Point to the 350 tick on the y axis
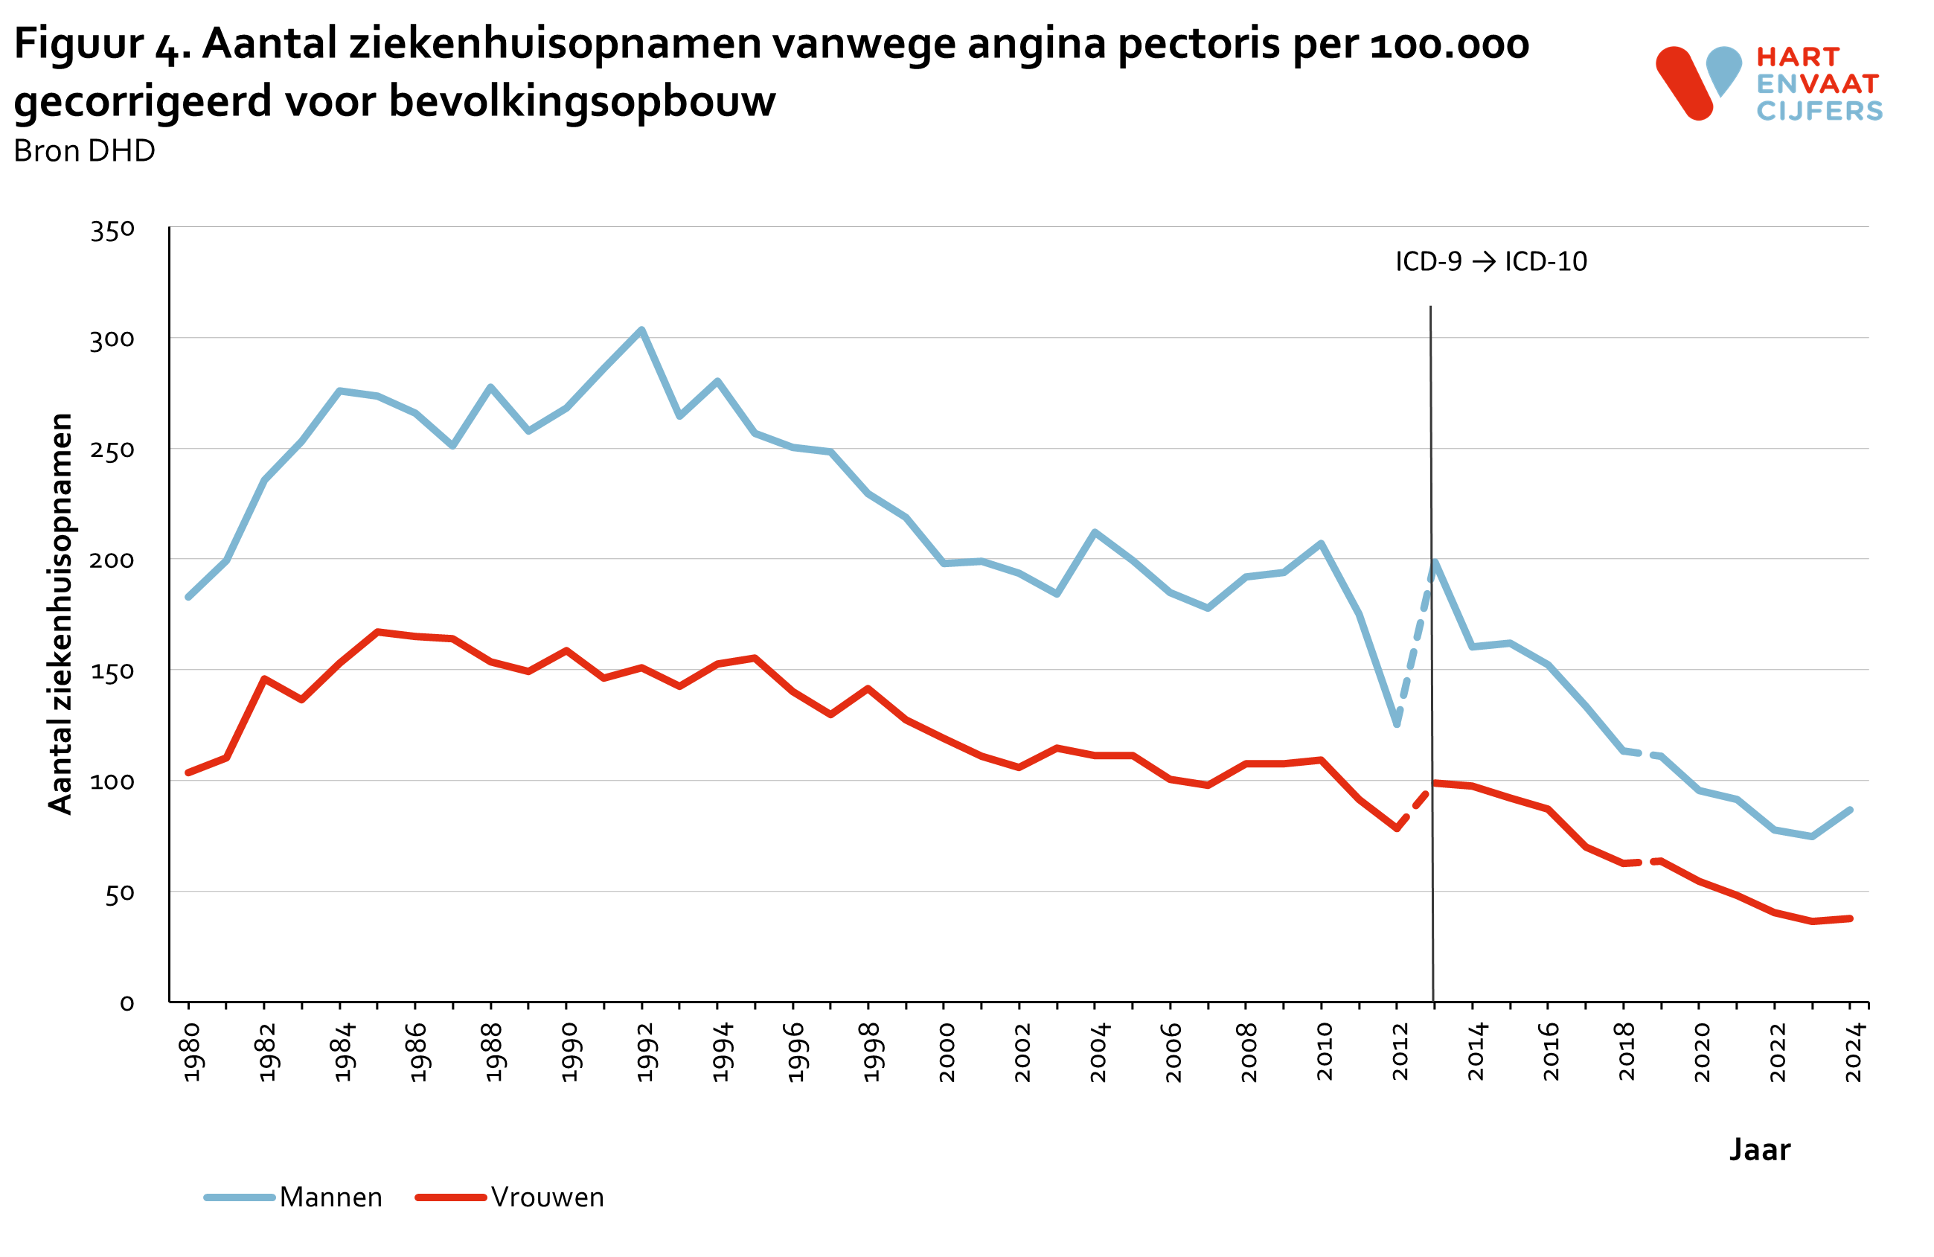point(112,231)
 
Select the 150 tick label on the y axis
point(112,672)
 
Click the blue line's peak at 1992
point(641,330)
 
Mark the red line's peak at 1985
point(378,631)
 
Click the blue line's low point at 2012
point(1397,724)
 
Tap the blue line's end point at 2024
point(1851,810)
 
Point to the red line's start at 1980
point(188,772)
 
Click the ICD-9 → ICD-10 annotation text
point(1490,262)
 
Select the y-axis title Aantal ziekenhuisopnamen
point(61,613)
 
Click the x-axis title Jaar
point(1758,1150)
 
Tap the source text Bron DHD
point(85,151)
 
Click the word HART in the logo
point(1798,58)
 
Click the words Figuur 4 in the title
point(102,45)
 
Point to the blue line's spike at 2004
point(1095,532)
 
